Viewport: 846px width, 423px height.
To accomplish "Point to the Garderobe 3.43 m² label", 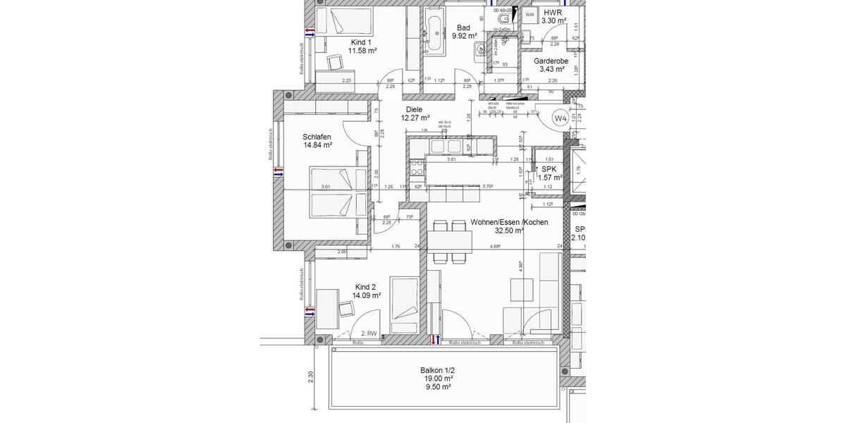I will coord(551,66).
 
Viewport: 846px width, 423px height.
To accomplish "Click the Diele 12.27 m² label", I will coord(415,114).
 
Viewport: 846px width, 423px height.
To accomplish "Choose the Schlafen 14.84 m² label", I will coord(317,141).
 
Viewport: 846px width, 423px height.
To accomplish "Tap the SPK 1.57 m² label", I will coord(548,173).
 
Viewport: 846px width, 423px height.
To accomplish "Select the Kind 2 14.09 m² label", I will coord(366,291).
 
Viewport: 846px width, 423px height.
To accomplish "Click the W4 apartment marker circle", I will coord(560,119).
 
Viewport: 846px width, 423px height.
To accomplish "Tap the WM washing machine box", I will coord(529,14).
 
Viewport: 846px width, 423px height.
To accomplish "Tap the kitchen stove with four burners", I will coord(416,168).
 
